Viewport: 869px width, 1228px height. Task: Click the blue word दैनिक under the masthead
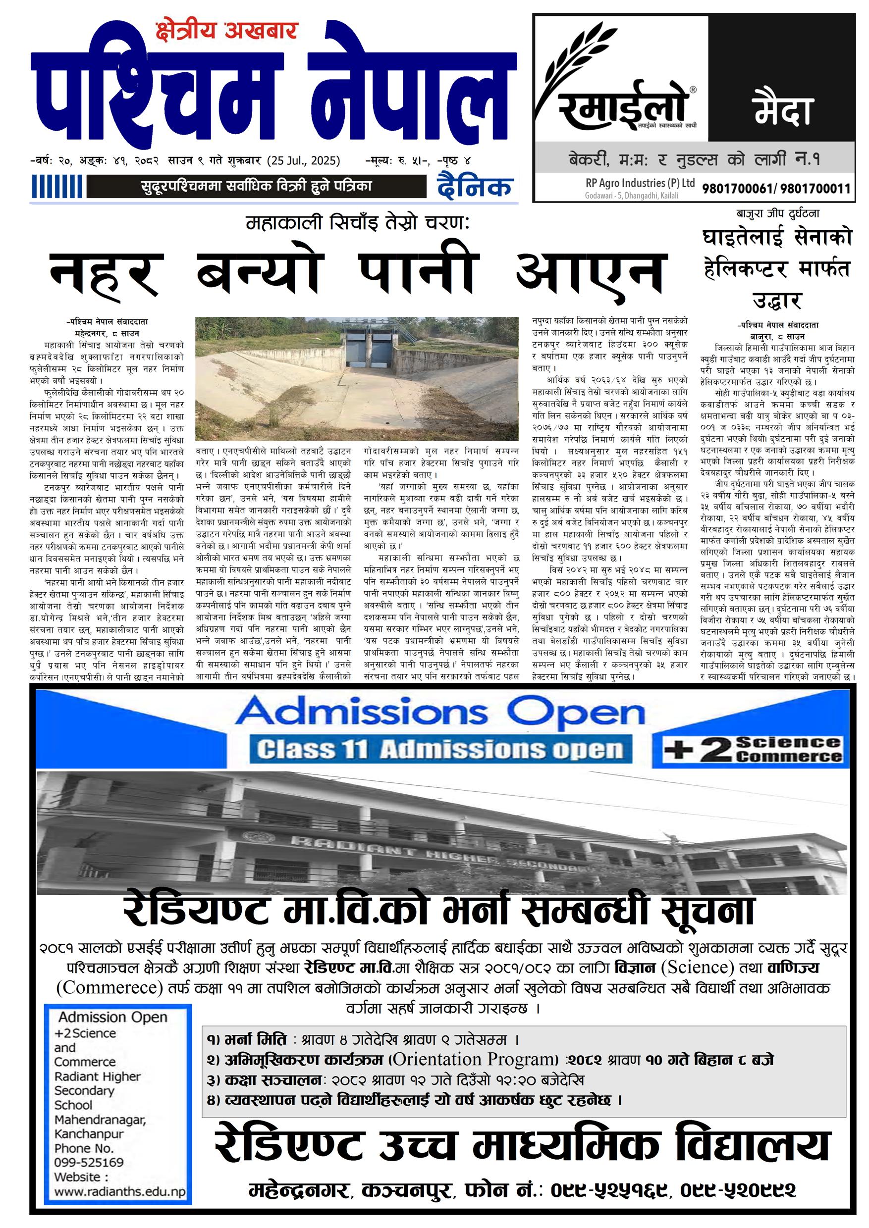point(475,187)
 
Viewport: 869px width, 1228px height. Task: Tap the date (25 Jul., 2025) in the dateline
point(304,160)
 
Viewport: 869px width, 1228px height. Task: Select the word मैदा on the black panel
point(782,109)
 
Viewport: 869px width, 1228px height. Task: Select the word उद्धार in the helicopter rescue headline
point(776,301)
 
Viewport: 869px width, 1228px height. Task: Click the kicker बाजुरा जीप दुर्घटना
point(777,214)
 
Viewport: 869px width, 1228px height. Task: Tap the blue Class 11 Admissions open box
point(440,750)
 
